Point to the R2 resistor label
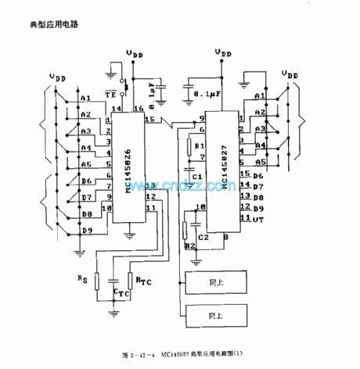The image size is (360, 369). click(189, 245)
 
